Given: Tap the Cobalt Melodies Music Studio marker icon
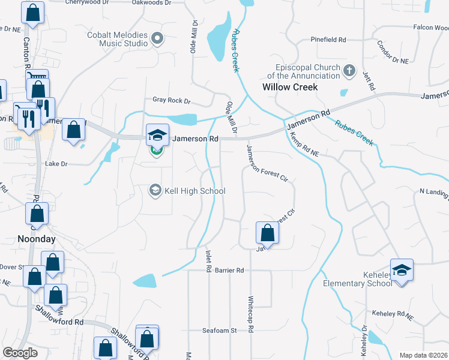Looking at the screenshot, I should (158, 40).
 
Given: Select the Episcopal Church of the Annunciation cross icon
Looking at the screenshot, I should (349, 72).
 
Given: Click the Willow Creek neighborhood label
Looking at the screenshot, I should (290, 87).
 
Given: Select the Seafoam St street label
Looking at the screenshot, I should (220, 331).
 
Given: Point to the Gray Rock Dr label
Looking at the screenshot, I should (171, 101).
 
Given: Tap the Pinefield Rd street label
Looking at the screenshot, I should (328, 40).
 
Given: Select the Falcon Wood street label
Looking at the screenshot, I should (430, 28).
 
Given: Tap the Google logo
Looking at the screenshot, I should (20, 353).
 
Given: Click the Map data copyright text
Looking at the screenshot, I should (423, 355).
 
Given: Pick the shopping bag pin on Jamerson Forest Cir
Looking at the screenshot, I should (267, 232).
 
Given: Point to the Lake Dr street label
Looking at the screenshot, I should (57, 164).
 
